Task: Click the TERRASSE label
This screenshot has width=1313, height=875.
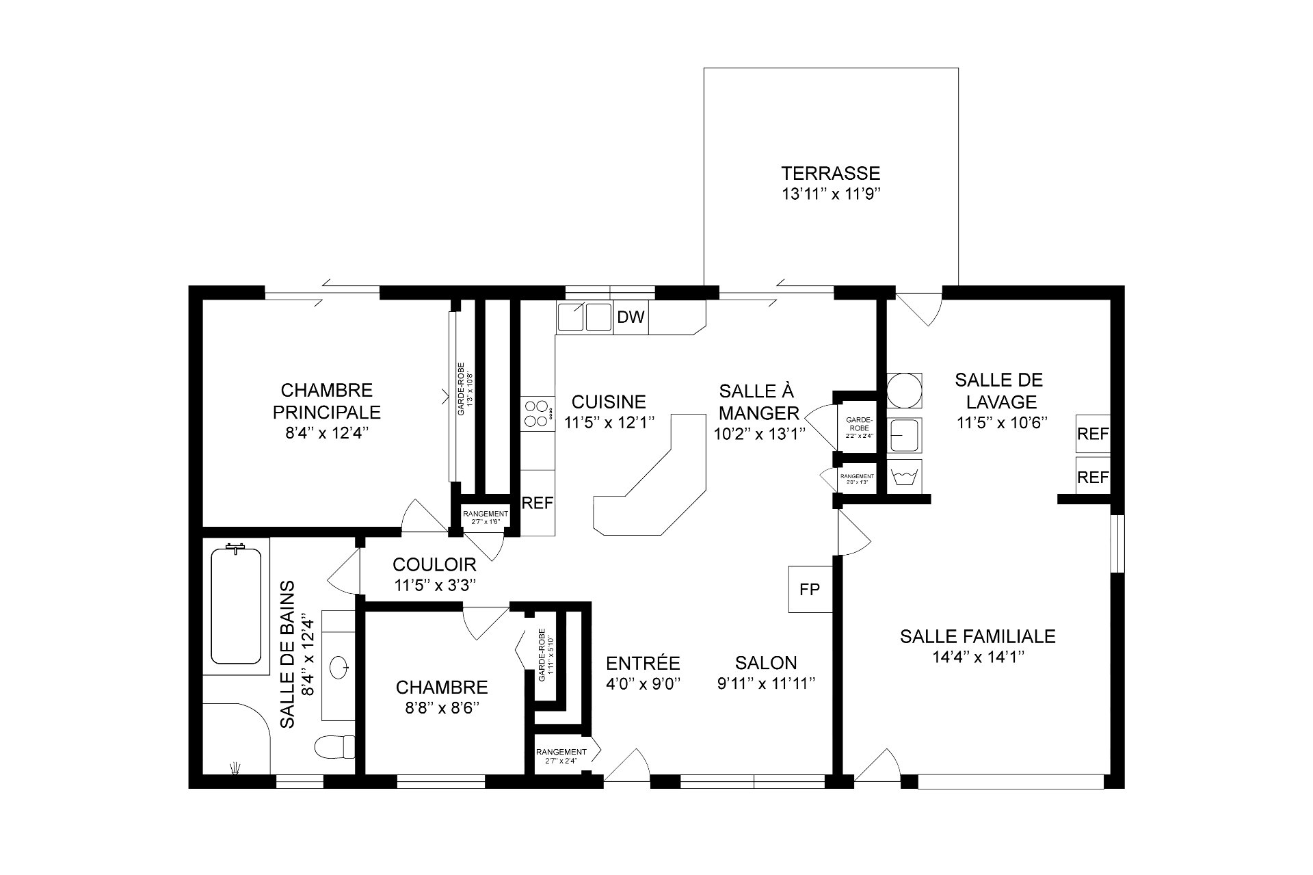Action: pos(831,173)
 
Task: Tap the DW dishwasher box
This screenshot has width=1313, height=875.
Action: pos(631,317)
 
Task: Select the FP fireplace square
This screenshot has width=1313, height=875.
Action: pos(810,589)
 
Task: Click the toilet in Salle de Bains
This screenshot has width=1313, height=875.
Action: pos(336,746)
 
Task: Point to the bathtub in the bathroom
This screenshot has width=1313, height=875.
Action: pos(236,605)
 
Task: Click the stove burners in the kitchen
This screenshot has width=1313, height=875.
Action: pos(537,413)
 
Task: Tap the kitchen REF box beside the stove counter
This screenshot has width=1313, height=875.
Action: pos(537,503)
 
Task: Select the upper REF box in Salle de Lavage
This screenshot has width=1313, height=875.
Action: pos(1092,434)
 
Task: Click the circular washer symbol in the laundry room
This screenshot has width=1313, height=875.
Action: pos(904,390)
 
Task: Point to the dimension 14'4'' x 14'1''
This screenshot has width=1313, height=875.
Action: pos(977,657)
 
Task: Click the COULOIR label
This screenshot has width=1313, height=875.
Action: pos(434,564)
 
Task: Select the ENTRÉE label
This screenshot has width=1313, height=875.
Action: pos(643,663)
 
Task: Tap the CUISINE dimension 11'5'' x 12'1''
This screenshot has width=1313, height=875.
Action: pos(610,422)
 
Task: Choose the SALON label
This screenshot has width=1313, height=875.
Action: pos(766,662)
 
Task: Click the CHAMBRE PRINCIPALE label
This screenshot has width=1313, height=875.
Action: pos(326,401)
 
